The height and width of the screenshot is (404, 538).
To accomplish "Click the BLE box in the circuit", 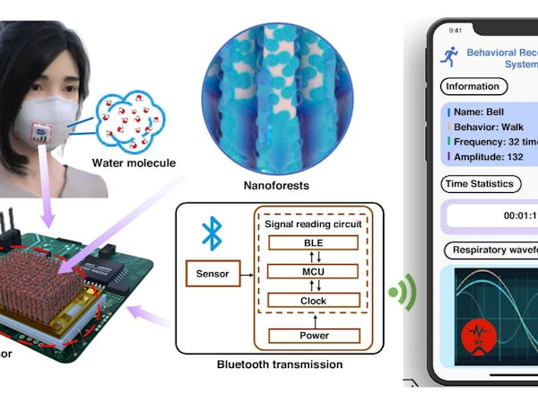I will [308, 242].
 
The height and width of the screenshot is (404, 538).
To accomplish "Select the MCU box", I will [308, 270].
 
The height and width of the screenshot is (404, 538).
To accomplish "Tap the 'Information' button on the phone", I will [473, 88].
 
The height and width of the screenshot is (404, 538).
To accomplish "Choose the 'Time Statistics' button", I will [481, 184].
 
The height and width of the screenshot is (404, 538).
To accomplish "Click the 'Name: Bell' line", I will [482, 113].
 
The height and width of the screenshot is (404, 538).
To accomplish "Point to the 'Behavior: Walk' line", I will [494, 128].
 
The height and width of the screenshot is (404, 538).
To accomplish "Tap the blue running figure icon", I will [449, 57].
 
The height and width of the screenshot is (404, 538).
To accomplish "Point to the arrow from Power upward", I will [308, 318].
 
